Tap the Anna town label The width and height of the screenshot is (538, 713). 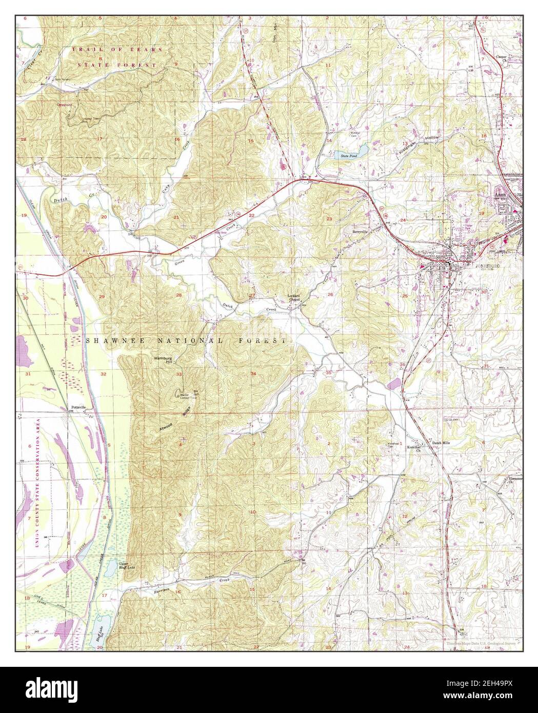click(x=499, y=195)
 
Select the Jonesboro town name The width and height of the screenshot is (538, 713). click(x=485, y=266)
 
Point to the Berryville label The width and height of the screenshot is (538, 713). click(x=361, y=231)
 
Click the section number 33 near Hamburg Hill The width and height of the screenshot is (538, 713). click(x=178, y=374)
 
